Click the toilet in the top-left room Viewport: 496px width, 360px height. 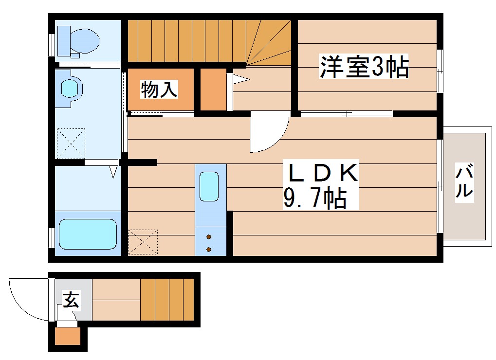tap(78, 40)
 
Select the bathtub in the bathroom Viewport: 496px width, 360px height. tap(88, 234)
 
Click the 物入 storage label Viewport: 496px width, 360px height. tap(159, 90)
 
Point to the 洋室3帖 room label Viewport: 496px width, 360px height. tap(364, 67)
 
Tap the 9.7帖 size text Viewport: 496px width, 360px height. tap(315, 198)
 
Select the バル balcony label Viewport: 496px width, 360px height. tap(464, 181)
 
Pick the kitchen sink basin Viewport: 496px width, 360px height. tap(210, 186)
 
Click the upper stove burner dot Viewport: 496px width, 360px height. tap(209, 237)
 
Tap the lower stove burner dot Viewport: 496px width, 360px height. tap(209, 250)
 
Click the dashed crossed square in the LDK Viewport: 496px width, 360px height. tap(143, 242)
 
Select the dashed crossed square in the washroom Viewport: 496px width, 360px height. tap(71, 143)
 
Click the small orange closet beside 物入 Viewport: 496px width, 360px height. tap(213, 90)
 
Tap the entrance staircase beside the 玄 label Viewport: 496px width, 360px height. tap(167, 300)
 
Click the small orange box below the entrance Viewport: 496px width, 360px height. tap(67, 337)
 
